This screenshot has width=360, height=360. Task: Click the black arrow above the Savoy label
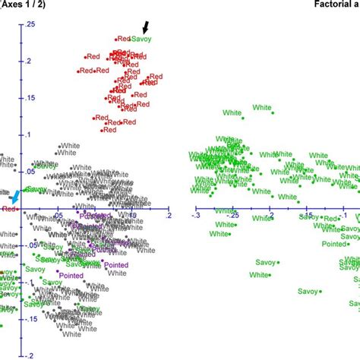pyautogui.click(x=146, y=28)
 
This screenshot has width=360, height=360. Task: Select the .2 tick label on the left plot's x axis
pyautogui.click(x=168, y=216)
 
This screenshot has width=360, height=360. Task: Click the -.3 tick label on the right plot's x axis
pyautogui.click(x=197, y=216)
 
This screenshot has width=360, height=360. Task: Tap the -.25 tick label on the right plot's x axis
pyautogui.click(x=234, y=216)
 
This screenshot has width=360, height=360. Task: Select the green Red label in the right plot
pyautogui.click(x=330, y=219)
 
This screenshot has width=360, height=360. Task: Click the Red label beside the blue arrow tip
pyautogui.click(x=8, y=208)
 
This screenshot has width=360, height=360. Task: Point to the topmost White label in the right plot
pyautogui.click(x=232, y=113)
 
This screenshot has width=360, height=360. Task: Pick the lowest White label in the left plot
pyautogui.click(x=72, y=334)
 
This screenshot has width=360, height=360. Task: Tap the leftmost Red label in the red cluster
pyautogui.click(x=85, y=71)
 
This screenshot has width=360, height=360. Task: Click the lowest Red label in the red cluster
pyautogui.click(x=109, y=130)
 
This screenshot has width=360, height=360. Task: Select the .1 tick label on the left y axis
pyautogui.click(x=30, y=135)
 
